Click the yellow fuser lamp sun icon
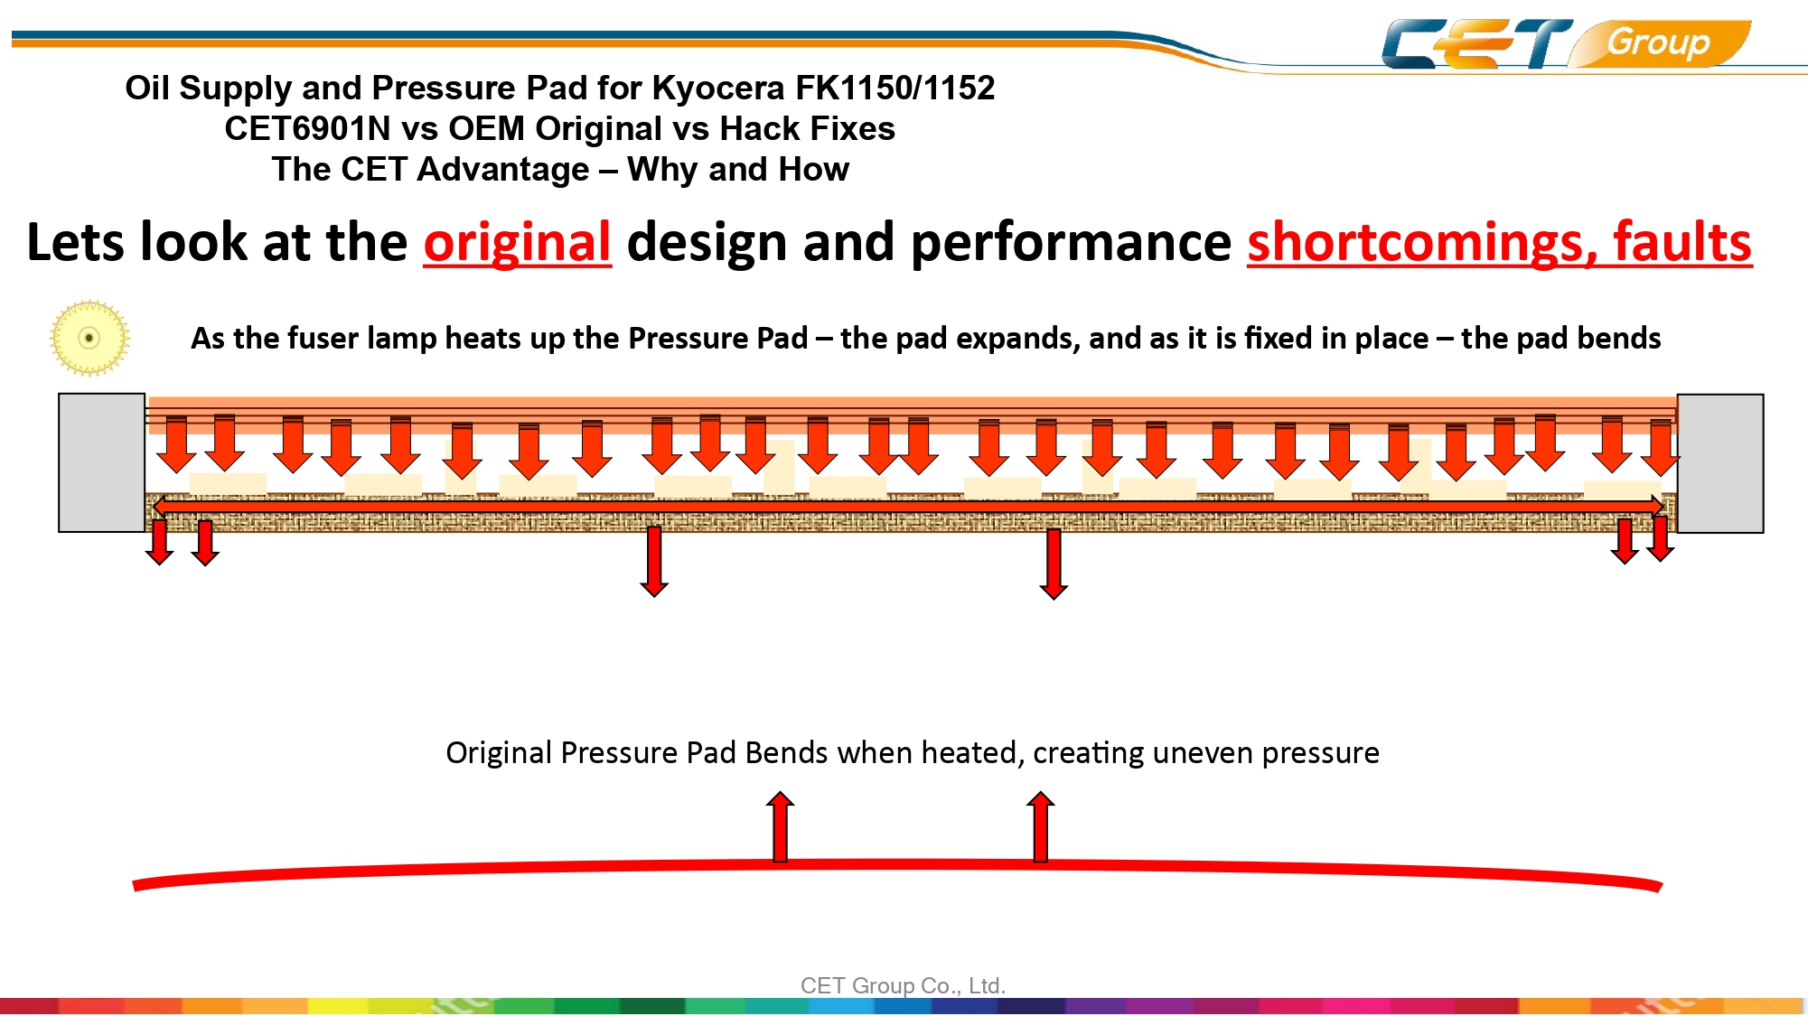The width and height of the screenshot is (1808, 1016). (x=89, y=338)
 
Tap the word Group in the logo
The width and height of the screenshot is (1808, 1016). (x=1658, y=42)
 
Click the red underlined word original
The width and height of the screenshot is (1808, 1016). (x=518, y=242)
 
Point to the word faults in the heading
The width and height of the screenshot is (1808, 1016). (x=1682, y=242)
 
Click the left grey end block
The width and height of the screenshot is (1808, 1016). (x=102, y=462)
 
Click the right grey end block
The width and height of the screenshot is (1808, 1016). (x=1720, y=463)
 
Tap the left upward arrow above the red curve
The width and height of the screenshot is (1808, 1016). (x=781, y=826)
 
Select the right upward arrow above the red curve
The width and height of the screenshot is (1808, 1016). (x=1041, y=826)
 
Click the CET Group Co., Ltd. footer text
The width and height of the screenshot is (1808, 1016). (x=903, y=985)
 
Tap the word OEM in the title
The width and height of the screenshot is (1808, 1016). (x=486, y=128)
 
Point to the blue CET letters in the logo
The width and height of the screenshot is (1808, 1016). (x=1477, y=43)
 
